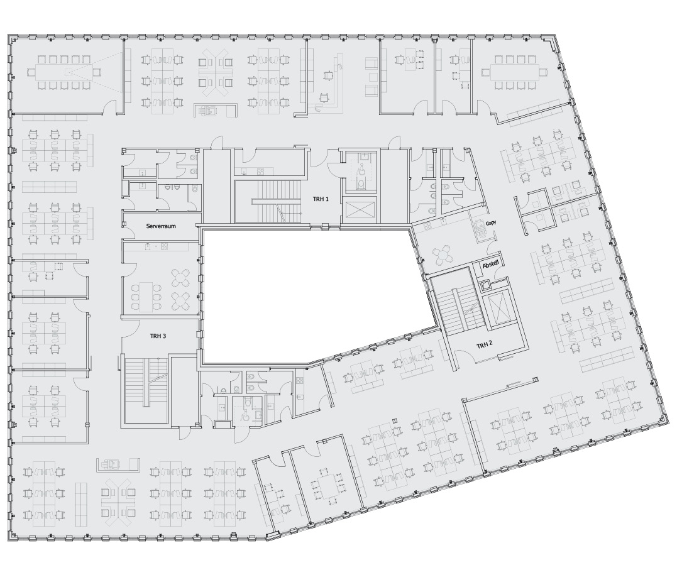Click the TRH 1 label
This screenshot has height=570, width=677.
(321, 199)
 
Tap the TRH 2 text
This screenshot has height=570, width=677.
(485, 346)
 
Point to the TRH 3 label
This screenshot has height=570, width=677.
(158, 336)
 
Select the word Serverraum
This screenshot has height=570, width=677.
(161, 226)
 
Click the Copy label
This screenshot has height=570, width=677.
(491, 223)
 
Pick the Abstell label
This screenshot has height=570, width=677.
(491, 265)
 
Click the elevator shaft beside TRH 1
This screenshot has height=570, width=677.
(359, 211)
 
